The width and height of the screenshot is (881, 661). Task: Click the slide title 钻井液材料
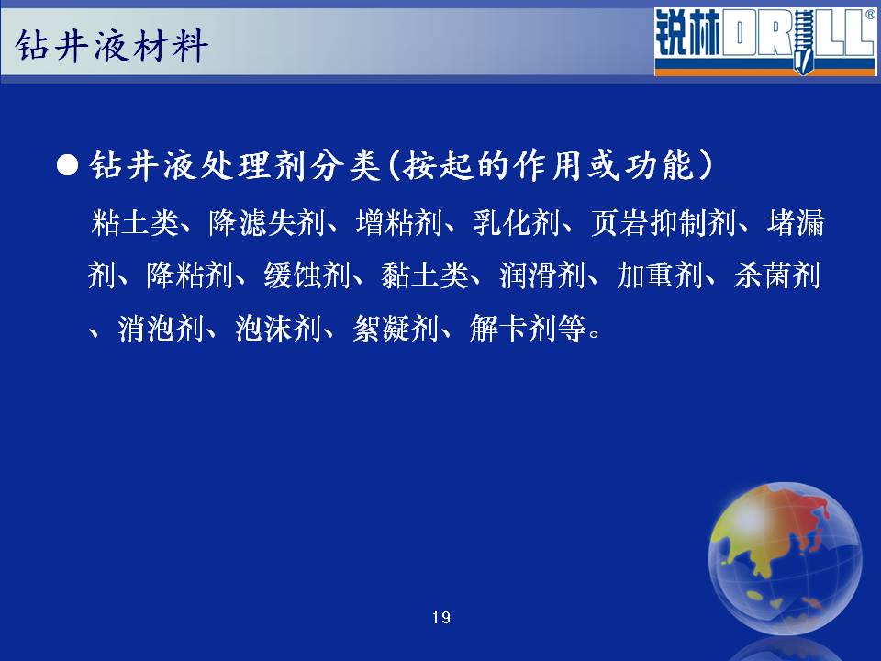[111, 46]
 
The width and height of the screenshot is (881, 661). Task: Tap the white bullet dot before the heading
[67, 166]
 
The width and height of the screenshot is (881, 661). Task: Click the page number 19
[441, 618]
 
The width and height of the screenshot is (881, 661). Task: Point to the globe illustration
[785, 558]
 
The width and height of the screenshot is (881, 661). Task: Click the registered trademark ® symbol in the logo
[870, 15]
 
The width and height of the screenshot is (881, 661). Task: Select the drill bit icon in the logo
[802, 41]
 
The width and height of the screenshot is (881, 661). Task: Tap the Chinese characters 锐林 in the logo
[687, 33]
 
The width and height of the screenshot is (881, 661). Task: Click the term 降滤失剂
[266, 222]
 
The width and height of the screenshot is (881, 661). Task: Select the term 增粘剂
[398, 222]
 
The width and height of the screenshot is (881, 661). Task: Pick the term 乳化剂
[516, 222]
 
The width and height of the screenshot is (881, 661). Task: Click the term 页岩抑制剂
[663, 222]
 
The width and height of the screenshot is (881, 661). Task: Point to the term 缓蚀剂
[307, 275]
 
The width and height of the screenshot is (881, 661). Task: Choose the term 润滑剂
[542, 275]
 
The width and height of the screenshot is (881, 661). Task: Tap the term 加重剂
[660, 275]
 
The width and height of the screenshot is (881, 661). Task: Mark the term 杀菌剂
[777, 275]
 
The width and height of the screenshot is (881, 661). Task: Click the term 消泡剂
[161, 329]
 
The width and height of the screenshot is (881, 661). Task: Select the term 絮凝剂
[396, 329]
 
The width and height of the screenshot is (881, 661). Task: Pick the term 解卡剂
[513, 329]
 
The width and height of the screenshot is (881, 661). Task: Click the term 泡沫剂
[278, 329]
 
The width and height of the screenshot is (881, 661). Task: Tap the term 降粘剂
[190, 275]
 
